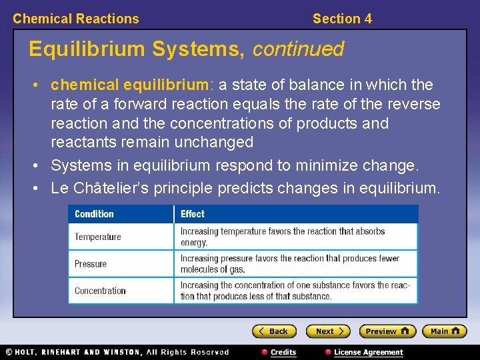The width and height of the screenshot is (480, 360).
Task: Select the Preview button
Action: (387, 331)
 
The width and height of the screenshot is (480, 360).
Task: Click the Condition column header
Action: (94, 214)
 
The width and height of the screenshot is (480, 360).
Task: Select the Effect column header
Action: (193, 214)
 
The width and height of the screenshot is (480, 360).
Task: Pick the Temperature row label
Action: (98, 237)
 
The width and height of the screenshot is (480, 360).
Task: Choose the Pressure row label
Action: (91, 264)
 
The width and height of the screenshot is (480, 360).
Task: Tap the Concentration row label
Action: (100, 291)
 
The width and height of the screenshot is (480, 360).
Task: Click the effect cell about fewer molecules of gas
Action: (289, 264)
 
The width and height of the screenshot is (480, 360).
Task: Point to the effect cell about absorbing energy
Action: (283, 237)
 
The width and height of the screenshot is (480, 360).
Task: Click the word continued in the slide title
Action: (298, 49)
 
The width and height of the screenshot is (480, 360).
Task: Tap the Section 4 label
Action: (342, 19)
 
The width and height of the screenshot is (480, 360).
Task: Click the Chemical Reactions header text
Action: (76, 19)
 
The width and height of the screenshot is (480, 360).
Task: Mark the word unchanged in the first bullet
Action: (212, 142)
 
